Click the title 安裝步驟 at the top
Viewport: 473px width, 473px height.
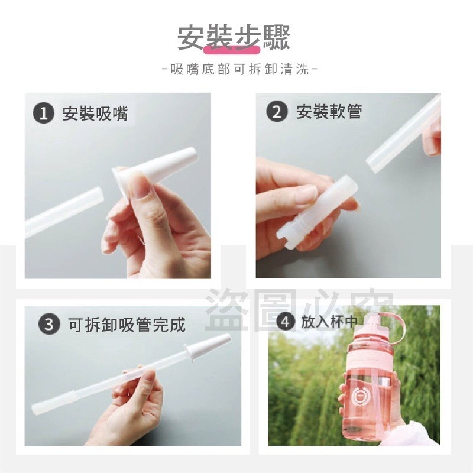point(235,37)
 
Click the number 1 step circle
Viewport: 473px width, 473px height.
point(44,114)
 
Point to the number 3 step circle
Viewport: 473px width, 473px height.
point(48,324)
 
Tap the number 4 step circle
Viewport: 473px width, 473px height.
point(286,322)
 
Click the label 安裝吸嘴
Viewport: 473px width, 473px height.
point(95,114)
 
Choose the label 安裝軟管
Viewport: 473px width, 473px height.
point(329,112)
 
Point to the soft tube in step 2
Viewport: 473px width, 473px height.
point(402,136)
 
